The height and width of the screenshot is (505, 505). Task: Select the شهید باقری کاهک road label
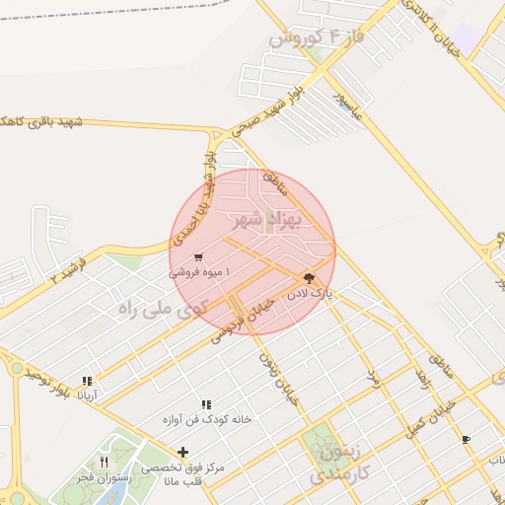pyautogui.click(x=39, y=120)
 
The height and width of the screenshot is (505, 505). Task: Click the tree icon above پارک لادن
pyautogui.click(x=308, y=279)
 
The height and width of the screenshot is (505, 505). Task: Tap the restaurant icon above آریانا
pyautogui.click(x=87, y=380)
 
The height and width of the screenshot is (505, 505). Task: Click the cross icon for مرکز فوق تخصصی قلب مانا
pyautogui.click(x=182, y=452)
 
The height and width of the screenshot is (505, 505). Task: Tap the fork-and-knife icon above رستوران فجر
pyautogui.click(x=104, y=462)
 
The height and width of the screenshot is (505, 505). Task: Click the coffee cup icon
pyautogui.click(x=466, y=439)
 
